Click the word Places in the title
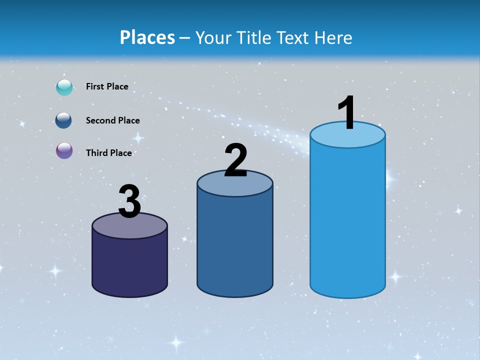(x=147, y=37)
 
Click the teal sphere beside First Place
(x=64, y=87)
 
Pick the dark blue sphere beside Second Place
(x=64, y=120)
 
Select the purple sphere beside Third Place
(x=64, y=150)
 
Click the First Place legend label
(x=107, y=86)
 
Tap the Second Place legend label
(x=112, y=120)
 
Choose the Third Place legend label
(x=109, y=153)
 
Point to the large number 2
(x=236, y=160)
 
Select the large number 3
(x=129, y=201)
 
